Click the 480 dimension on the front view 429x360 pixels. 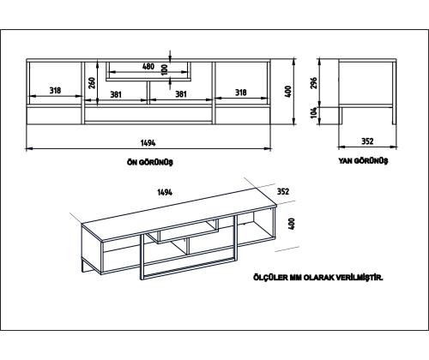pyautogui.click(x=148, y=67)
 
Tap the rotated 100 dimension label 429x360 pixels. pyautogui.click(x=165, y=69)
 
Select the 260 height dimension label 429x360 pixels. pyautogui.click(x=92, y=83)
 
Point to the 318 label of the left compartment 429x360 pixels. pyautogui.click(x=55, y=90)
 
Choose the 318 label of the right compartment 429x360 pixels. pyautogui.click(x=241, y=93)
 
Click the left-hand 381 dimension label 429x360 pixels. pyautogui.click(x=116, y=94)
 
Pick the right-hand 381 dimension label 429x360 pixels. pyautogui.click(x=181, y=94)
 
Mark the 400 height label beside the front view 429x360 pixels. pyautogui.click(x=288, y=92)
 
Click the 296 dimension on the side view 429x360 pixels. pyautogui.click(x=314, y=83)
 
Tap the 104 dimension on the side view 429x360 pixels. pyautogui.click(x=314, y=112)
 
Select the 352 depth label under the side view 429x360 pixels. pyautogui.click(x=367, y=141)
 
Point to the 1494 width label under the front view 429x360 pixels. pyautogui.click(x=148, y=142)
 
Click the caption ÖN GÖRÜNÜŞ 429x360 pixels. pyautogui.click(x=150, y=162)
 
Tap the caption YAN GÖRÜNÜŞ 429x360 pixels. pyautogui.click(x=363, y=161)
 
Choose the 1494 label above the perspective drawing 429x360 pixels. pyautogui.click(x=165, y=192)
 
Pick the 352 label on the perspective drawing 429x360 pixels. pyautogui.click(x=283, y=191)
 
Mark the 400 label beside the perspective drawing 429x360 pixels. pyautogui.click(x=292, y=224)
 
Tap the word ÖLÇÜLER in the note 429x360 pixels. pyautogui.click(x=270, y=277)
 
